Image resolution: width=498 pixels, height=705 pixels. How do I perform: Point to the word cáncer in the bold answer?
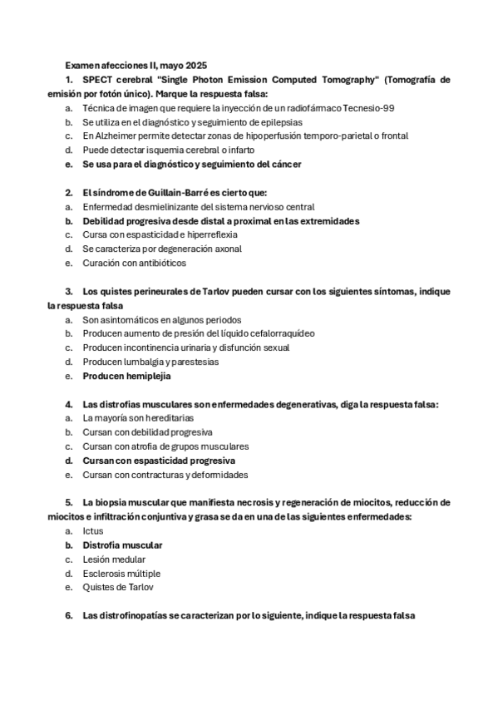[284, 165]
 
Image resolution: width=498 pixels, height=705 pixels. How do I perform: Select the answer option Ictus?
[93, 531]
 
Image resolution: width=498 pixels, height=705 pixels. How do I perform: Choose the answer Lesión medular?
[114, 560]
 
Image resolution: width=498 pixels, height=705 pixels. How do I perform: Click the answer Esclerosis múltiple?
[121, 574]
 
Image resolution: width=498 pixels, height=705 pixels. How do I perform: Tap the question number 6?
[69, 616]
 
